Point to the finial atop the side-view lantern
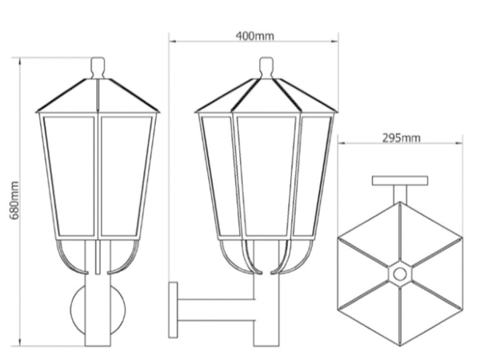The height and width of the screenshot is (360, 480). coord(266,67)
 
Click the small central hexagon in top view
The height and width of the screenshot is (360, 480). coord(399,273)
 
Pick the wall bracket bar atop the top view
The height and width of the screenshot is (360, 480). coord(399,180)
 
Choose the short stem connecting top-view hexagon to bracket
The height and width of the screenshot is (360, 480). coord(399,193)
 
